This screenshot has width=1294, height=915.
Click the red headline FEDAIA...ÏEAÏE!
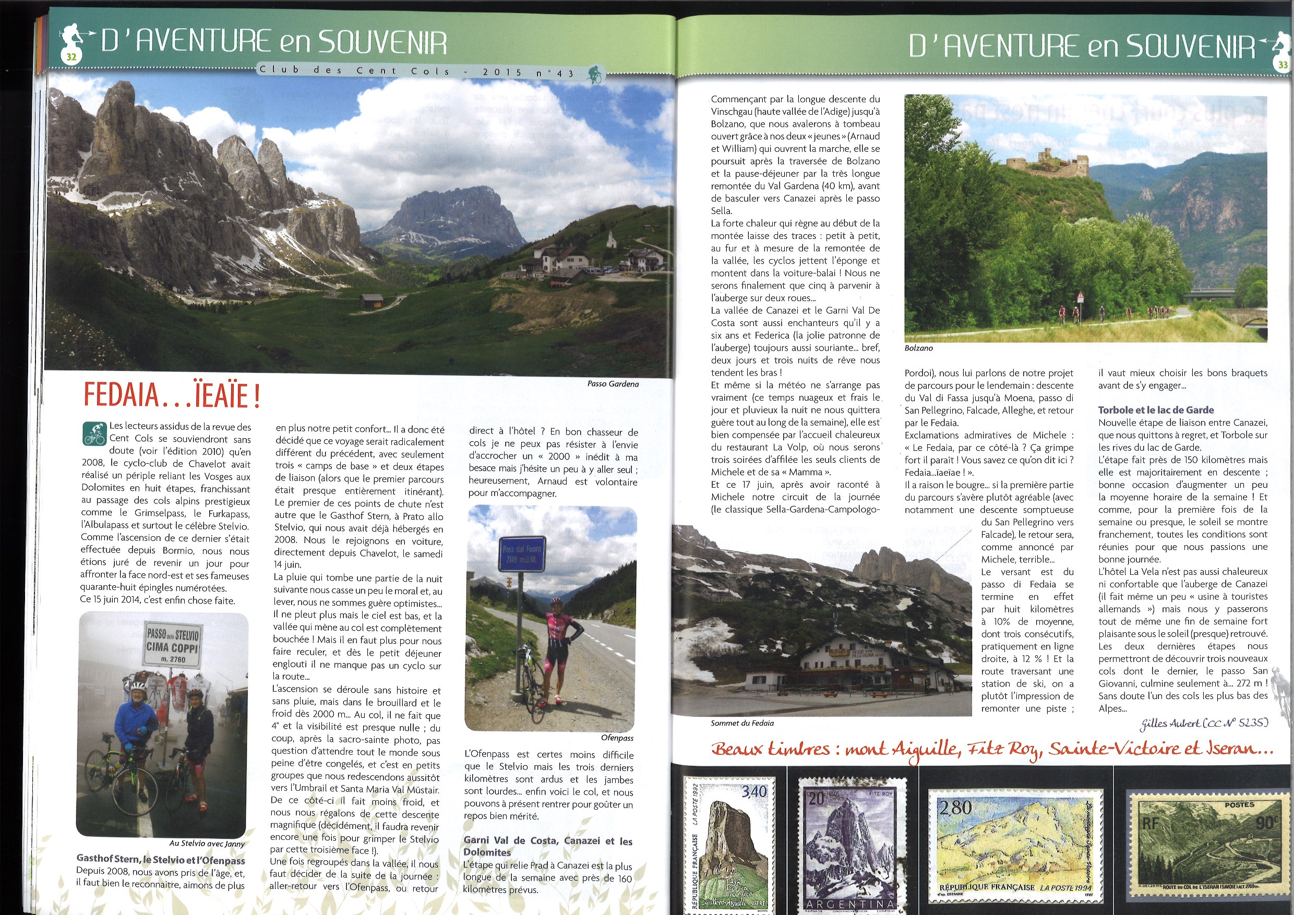(x=172, y=395)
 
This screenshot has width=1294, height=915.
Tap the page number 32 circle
(x=71, y=56)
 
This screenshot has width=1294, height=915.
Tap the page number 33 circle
(x=1283, y=65)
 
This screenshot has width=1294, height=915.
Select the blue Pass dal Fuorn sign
(x=523, y=554)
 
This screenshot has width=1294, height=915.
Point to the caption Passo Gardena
(x=613, y=384)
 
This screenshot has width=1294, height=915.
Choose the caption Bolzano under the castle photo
(x=918, y=348)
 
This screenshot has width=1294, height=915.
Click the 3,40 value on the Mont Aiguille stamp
(x=753, y=791)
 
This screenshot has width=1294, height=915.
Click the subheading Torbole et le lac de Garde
(x=1156, y=410)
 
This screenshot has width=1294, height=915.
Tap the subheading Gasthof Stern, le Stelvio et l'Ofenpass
(x=161, y=860)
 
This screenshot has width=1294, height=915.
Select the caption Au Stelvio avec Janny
(x=207, y=844)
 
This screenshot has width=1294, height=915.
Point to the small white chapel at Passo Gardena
(x=613, y=240)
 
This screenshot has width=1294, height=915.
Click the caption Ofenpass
(x=617, y=738)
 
